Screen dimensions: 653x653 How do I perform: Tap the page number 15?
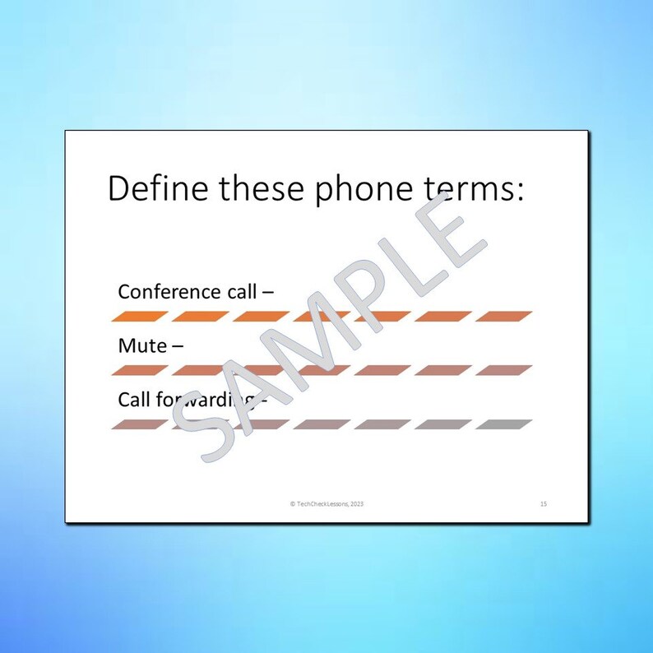pyautogui.click(x=544, y=503)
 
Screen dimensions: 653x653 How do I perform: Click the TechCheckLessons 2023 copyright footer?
pyautogui.click(x=326, y=503)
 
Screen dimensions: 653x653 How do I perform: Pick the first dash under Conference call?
pyautogui.click(x=140, y=316)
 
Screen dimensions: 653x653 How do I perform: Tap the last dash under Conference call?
pyautogui.click(x=503, y=316)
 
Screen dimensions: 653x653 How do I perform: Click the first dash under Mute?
pyautogui.click(x=140, y=370)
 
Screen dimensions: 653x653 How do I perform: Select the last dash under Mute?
pyautogui.click(x=503, y=370)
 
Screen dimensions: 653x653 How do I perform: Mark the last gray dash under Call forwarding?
pyautogui.click(x=503, y=424)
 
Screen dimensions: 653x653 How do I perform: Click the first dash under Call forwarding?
pyautogui.click(x=140, y=424)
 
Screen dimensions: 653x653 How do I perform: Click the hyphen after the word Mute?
pyautogui.click(x=178, y=346)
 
